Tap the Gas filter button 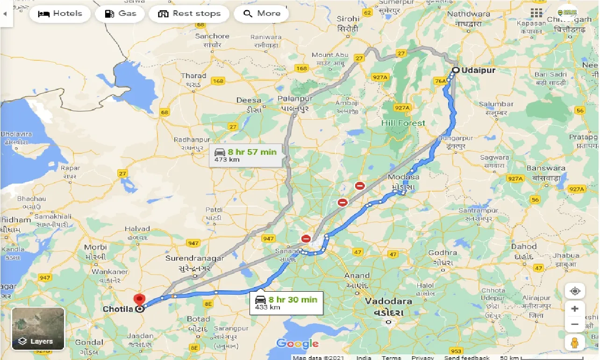coord(121,14)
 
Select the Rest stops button coord(189,14)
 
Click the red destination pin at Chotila coord(139,300)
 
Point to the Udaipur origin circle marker coord(455,70)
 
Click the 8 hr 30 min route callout coord(286,302)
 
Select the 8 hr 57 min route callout coord(246,155)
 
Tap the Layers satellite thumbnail coord(38,328)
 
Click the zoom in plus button coord(575,309)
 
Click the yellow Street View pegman coord(575,342)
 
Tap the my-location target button coord(575,291)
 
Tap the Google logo coord(297,344)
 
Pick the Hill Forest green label coord(403,123)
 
